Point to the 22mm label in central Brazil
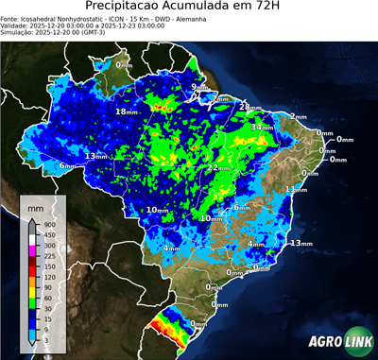[216, 167]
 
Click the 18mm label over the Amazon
[126, 111]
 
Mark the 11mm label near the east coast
[296, 189]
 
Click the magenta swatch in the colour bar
[32, 246]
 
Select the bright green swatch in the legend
[32, 300]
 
